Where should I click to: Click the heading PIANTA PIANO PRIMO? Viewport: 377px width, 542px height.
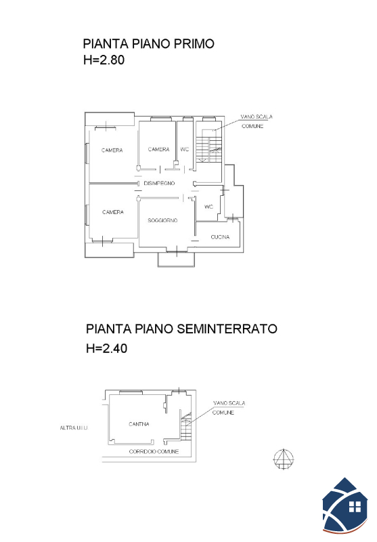[x=148, y=44]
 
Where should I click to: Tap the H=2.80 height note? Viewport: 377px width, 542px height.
[x=104, y=60]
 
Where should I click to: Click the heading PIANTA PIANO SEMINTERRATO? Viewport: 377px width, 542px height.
[x=181, y=329]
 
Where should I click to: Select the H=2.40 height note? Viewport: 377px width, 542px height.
[x=107, y=348]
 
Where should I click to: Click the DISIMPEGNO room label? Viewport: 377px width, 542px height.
[x=159, y=183]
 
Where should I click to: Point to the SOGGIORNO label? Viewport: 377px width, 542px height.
[x=162, y=220]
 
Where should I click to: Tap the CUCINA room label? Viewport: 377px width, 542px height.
[x=220, y=236]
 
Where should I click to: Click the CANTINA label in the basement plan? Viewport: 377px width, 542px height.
[x=139, y=424]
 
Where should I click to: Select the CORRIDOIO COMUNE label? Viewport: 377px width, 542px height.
[x=154, y=451]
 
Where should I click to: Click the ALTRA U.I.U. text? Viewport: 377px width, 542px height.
[x=74, y=428]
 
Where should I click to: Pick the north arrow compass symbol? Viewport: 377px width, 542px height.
[x=284, y=459]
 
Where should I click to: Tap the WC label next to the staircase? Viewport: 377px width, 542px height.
[x=185, y=149]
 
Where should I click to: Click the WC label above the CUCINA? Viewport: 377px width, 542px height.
[x=209, y=207]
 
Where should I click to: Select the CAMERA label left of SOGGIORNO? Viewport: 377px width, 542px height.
[x=113, y=212]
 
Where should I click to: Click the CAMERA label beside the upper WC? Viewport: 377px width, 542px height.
[x=159, y=149]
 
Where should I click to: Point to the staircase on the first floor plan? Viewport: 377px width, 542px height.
[x=209, y=146]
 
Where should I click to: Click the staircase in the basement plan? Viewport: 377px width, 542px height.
[x=185, y=426]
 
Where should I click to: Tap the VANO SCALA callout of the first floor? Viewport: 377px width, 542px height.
[x=256, y=121]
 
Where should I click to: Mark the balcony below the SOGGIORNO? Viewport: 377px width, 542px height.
[x=176, y=259]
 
